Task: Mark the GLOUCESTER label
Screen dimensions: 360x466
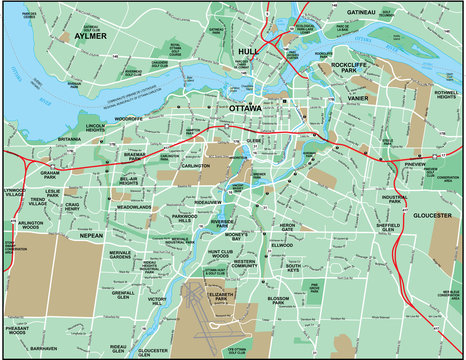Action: pyautogui.click(x=433, y=214)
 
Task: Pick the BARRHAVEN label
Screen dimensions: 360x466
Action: pyautogui.click(x=43, y=349)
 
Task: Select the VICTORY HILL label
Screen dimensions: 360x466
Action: pyautogui.click(x=158, y=300)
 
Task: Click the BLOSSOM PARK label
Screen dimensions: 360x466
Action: pyautogui.click(x=279, y=300)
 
